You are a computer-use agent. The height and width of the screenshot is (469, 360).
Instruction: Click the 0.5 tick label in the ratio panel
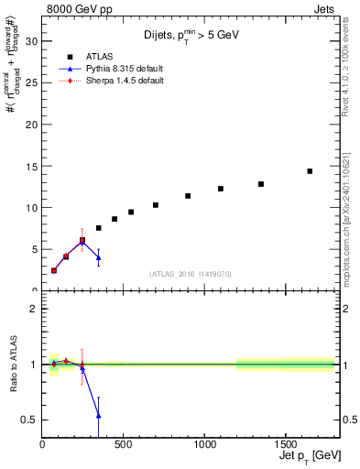coord(28,420)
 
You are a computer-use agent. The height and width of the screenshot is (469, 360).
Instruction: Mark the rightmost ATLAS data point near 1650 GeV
coord(310,171)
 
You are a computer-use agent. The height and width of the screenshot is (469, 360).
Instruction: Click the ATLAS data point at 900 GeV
coord(188,196)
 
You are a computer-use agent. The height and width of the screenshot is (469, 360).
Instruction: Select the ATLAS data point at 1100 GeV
coord(221,189)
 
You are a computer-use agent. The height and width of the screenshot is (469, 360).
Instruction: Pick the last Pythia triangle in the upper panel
coord(99,257)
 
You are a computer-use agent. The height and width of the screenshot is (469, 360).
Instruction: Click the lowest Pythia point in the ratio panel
coord(99,415)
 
